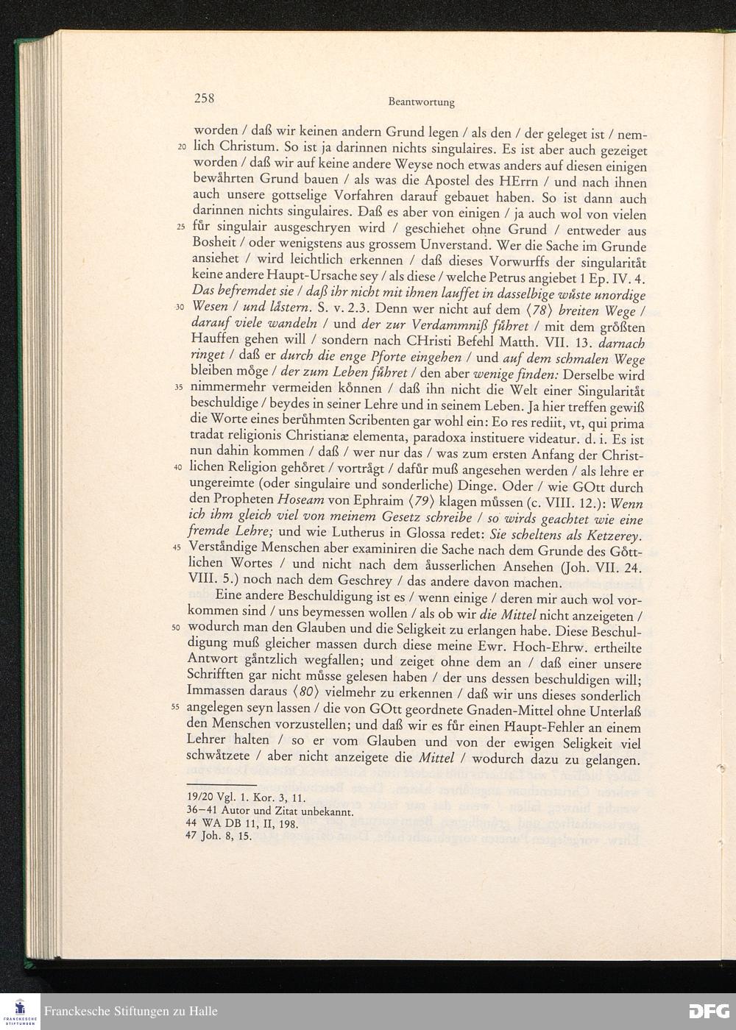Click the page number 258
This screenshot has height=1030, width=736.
coord(204,98)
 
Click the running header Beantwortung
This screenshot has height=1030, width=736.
coord(421,102)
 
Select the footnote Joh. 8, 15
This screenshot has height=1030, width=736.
coord(224,837)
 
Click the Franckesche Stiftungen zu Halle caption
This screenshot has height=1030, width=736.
coord(131,1012)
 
